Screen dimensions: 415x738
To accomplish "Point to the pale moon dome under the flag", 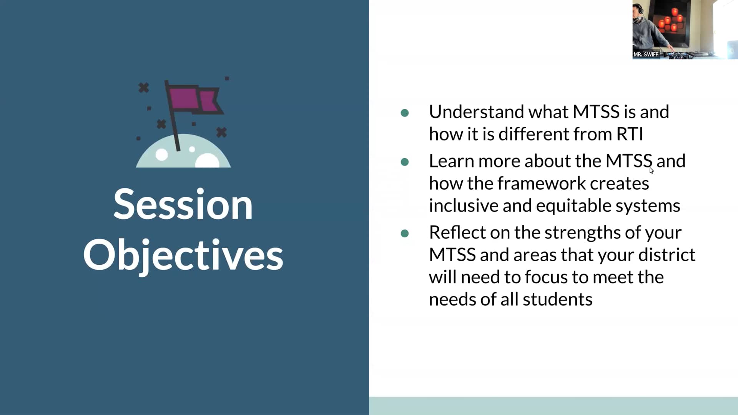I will pos(183,154).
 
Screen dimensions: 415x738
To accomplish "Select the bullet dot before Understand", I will pos(404,113).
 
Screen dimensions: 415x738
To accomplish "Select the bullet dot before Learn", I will pos(404,162).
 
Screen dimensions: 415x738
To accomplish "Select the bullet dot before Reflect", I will pos(404,233).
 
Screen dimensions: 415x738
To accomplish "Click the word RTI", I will pos(630,134).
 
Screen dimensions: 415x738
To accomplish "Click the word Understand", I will pos(476,112).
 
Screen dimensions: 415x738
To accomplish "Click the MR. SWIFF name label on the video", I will pos(645,55).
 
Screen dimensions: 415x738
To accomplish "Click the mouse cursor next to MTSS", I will pos(652,171).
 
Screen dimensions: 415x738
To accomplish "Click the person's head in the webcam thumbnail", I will pos(638,9).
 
